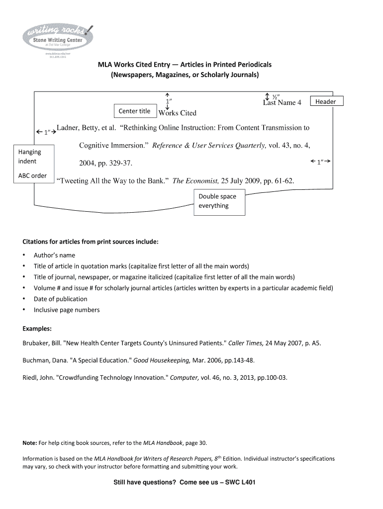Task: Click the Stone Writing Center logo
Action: (57, 37)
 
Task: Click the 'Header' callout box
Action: (326, 101)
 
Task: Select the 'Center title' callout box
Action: (134, 111)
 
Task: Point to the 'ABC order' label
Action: (32, 175)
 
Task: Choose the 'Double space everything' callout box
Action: (218, 201)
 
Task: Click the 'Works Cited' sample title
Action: (177, 113)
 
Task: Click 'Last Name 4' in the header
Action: (282, 103)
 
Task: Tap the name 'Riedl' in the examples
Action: (31, 377)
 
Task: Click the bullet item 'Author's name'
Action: (54, 255)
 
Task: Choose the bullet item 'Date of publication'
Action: (60, 299)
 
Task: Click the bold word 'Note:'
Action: (30, 442)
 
